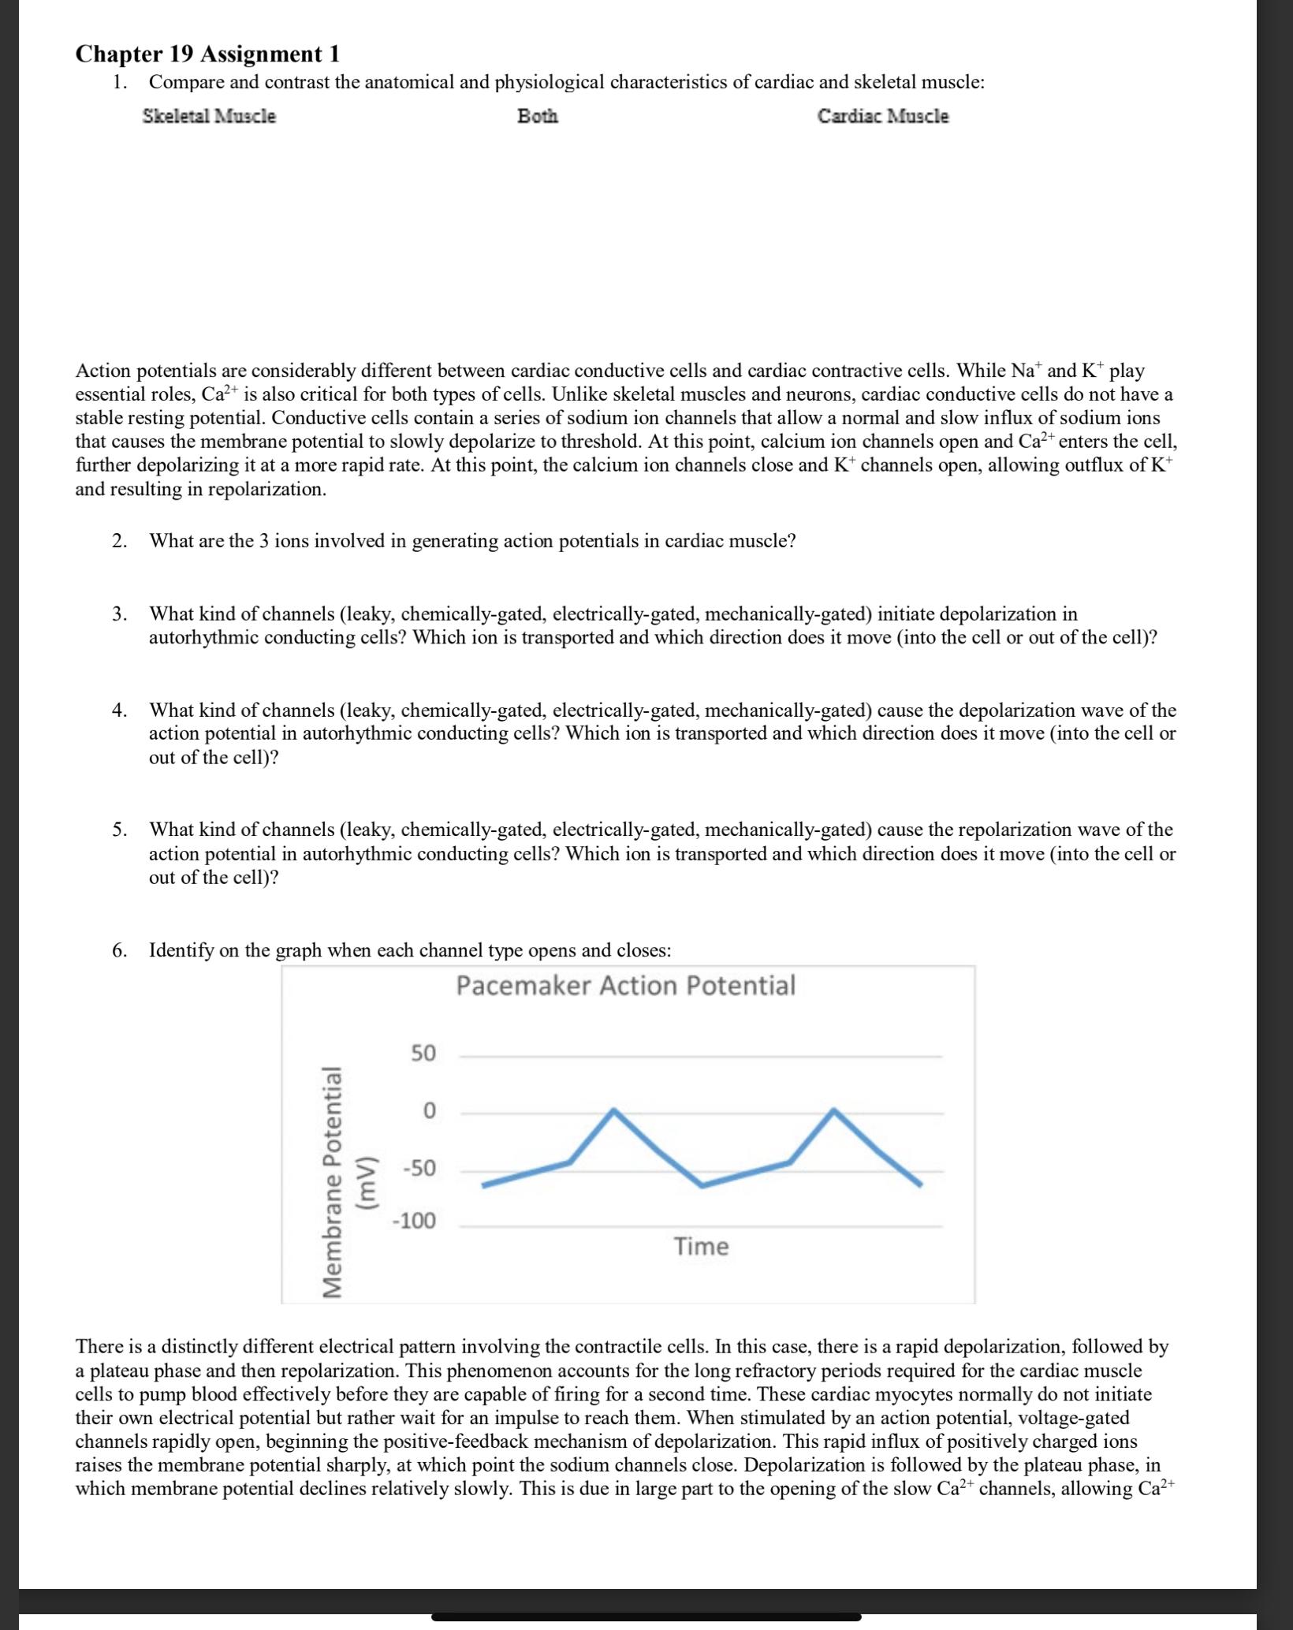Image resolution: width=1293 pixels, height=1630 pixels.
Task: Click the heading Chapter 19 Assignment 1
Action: (x=207, y=54)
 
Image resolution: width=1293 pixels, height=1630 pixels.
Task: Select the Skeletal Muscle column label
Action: (x=209, y=117)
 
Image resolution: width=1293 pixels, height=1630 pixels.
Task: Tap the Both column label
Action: (x=538, y=117)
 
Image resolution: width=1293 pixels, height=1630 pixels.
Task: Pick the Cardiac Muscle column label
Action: (x=882, y=117)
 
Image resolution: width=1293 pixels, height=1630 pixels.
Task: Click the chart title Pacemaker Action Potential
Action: (x=625, y=986)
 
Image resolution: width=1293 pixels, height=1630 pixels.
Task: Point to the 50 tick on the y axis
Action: (x=423, y=1054)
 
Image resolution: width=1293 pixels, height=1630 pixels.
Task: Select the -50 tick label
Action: (x=419, y=1169)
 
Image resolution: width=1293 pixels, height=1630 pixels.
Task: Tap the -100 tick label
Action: (x=415, y=1222)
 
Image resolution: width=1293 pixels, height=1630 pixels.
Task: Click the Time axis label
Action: (x=701, y=1247)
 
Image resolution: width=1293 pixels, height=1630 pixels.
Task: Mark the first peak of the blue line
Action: (x=614, y=1110)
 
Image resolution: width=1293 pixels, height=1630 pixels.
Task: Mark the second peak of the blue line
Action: (x=833, y=1110)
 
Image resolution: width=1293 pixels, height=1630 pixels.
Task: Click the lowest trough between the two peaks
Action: (x=702, y=1185)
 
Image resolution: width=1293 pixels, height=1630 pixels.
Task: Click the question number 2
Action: (x=118, y=541)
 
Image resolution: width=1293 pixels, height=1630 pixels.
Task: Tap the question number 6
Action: (x=118, y=950)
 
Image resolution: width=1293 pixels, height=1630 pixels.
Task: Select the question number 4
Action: (x=118, y=710)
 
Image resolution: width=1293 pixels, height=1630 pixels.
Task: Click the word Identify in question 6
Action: (x=181, y=950)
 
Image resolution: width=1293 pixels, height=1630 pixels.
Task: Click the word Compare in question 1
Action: (x=186, y=83)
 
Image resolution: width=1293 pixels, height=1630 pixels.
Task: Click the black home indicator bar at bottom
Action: (x=646, y=1617)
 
